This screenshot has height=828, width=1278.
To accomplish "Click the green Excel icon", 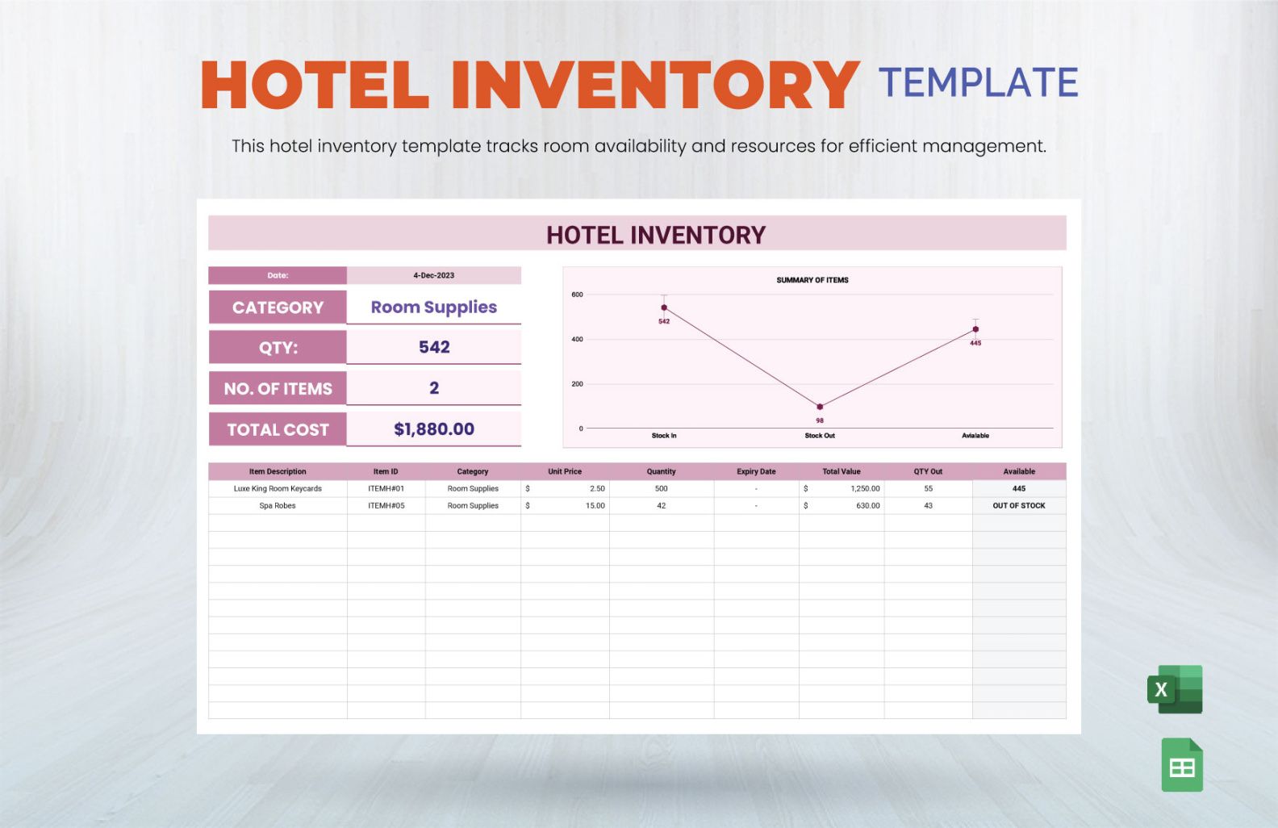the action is tap(1175, 688).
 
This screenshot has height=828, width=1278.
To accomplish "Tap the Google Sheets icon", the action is tap(1182, 765).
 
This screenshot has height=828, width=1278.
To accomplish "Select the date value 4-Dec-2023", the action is tap(433, 275).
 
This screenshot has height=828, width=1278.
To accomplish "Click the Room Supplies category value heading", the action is tap(433, 307).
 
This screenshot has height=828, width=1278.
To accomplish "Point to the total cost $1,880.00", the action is tap(433, 429).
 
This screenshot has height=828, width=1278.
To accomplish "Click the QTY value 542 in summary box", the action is tap(434, 347).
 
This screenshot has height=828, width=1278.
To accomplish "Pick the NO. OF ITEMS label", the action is tap(278, 389).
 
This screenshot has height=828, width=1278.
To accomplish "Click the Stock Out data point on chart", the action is tap(820, 407).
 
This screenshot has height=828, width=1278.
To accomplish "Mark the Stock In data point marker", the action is tap(664, 307).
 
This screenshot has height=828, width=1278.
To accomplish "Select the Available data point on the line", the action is tap(975, 329).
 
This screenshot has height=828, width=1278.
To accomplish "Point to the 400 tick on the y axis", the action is tap(578, 340).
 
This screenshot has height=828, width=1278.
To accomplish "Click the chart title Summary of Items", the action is tap(812, 280).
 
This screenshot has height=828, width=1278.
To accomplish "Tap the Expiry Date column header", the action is tap(756, 471).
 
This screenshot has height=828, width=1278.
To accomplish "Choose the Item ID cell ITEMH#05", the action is tap(386, 505).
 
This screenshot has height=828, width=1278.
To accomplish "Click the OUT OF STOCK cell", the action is tap(1019, 505).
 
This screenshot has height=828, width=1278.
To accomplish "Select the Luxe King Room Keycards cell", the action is tap(278, 488).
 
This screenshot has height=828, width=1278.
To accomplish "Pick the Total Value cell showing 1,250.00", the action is tap(865, 488).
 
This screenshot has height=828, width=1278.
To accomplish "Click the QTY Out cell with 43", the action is tap(929, 505).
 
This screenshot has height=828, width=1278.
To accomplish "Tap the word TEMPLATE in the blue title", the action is tap(979, 82).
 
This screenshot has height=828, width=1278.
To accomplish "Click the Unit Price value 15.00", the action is tap(595, 505).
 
